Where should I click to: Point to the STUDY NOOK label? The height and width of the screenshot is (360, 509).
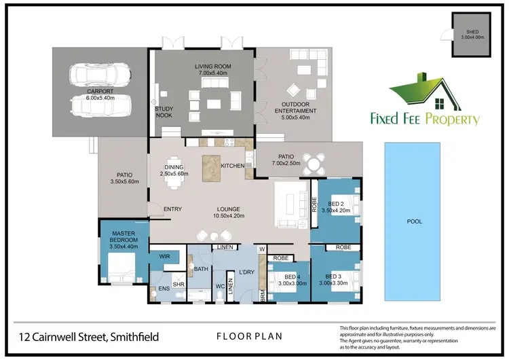point(164,111)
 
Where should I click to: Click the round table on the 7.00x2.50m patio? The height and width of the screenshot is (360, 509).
point(314,163)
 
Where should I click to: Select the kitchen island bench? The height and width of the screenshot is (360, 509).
point(211,167)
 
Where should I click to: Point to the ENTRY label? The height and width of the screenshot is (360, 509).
point(172,209)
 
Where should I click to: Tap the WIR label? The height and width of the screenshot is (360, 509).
point(164,257)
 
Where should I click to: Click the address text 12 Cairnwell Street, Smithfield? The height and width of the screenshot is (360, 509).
point(94,336)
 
